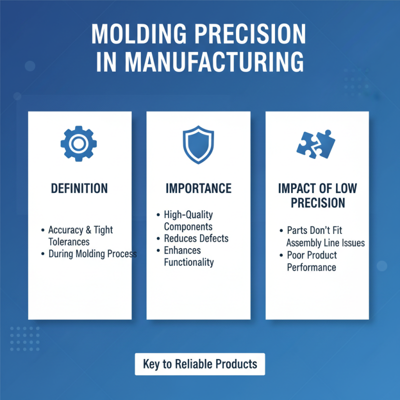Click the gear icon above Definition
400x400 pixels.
click(x=78, y=143)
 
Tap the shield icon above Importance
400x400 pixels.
click(x=198, y=145)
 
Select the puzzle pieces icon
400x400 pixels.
click(x=316, y=143)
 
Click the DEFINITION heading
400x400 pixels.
click(x=79, y=188)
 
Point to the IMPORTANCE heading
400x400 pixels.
click(x=198, y=188)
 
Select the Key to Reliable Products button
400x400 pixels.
click(x=199, y=364)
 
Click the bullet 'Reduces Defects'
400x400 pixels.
click(x=196, y=238)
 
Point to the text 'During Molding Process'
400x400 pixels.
click(x=92, y=253)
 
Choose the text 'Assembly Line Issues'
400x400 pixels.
click(x=325, y=243)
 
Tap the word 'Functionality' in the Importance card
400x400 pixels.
click(x=188, y=262)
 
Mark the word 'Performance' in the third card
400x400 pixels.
click(x=311, y=267)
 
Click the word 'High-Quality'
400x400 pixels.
click(x=188, y=214)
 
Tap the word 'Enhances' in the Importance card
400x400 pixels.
click(x=182, y=250)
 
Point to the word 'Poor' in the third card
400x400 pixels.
click(x=296, y=255)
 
